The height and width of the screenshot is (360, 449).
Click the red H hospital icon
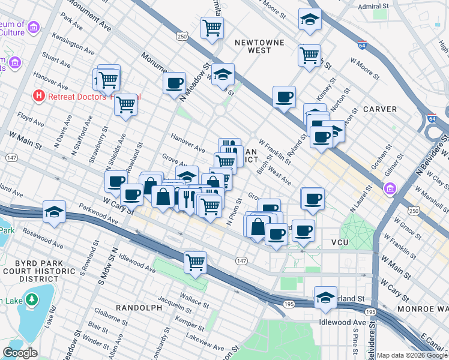[x=39, y=95]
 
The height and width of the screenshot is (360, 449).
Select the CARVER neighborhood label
[x=379, y=109]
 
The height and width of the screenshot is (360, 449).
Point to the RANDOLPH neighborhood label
[x=139, y=307]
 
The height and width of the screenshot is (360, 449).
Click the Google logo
[x=20, y=353]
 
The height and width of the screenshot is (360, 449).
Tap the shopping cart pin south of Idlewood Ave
[x=195, y=262]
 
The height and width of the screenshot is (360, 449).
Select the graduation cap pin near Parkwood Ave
[x=54, y=212]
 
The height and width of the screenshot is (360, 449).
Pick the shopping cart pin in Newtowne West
[x=212, y=27]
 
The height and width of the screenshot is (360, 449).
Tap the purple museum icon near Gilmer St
[x=390, y=190]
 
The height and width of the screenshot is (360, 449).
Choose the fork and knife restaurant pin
[x=188, y=198]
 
